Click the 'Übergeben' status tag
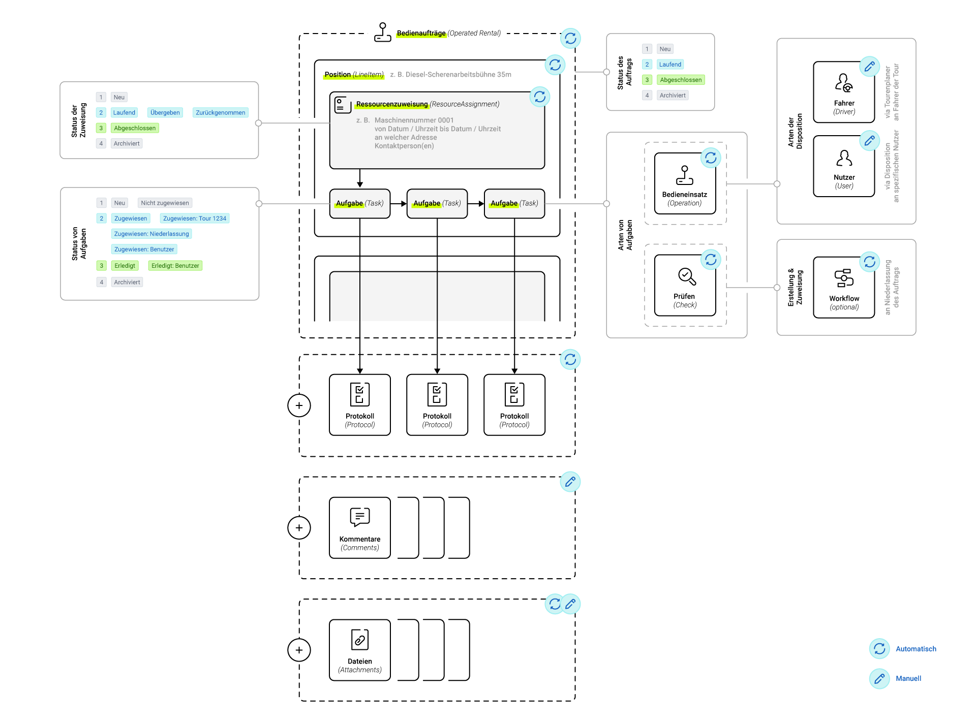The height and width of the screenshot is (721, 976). point(165,113)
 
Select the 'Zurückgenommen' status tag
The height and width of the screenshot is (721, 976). point(220,113)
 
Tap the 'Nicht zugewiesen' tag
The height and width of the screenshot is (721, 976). point(165,203)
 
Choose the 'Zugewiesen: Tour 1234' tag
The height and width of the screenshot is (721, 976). point(194,218)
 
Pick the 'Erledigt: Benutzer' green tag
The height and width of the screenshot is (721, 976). point(175,266)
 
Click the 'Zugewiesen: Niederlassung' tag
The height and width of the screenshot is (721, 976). point(151,234)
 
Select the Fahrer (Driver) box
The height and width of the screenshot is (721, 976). point(844,92)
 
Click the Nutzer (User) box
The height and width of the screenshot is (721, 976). point(844,166)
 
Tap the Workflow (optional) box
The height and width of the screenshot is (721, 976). point(844,288)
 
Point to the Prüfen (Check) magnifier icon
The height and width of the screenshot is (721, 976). point(687,276)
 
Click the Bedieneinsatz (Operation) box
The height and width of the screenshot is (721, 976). point(685,184)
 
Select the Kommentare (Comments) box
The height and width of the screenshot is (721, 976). point(360,528)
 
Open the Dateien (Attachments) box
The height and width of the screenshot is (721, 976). point(360,650)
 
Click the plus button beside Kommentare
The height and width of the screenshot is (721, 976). point(299,528)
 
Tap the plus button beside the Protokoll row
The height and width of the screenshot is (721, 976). point(299,405)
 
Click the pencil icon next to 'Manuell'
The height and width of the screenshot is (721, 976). point(879,678)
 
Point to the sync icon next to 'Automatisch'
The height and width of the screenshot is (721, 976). point(879,649)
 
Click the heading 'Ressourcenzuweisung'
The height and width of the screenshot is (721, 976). point(391,104)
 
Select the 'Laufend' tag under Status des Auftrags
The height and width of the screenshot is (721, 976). point(670,65)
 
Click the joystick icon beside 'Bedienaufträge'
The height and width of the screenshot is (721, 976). point(382,33)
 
